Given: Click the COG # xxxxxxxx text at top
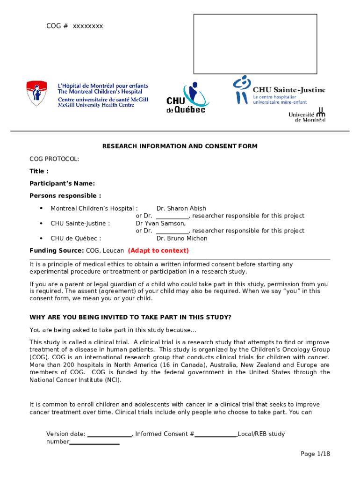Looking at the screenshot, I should (74, 26).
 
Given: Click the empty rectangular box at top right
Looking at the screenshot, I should (255, 44).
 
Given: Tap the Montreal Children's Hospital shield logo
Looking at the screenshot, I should (36, 93).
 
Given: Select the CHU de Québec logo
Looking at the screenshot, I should (187, 98).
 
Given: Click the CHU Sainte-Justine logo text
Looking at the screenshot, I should (289, 90).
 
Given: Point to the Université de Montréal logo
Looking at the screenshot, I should (307, 115).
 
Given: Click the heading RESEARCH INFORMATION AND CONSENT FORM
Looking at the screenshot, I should (180, 146).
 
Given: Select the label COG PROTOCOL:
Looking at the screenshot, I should (54, 159).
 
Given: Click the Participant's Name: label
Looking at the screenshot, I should (62, 183).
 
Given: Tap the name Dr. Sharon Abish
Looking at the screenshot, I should (181, 209).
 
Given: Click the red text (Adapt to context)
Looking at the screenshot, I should (158, 251).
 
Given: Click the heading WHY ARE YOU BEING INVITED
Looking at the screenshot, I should (130, 317).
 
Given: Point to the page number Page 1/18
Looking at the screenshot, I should (316, 454).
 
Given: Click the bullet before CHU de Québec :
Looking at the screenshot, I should (41, 239).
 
